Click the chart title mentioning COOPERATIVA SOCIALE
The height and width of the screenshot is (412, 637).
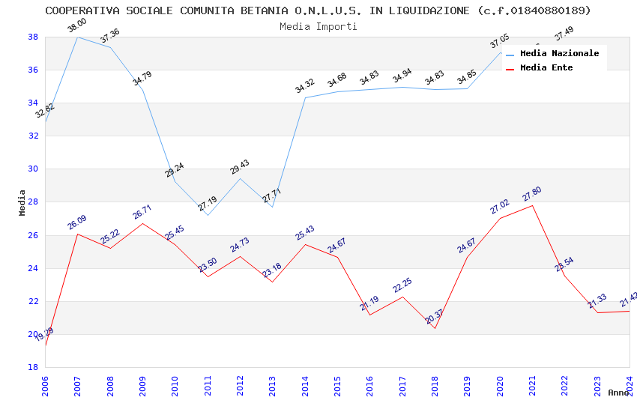point(318,10)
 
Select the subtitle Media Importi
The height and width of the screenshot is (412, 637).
point(318,26)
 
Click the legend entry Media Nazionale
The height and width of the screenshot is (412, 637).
point(559,53)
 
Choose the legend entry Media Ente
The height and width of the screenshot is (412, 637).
point(546,67)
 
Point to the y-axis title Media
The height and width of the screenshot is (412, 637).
point(22,202)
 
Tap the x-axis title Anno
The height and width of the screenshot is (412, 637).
point(618,393)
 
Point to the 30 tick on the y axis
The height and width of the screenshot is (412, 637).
point(33,169)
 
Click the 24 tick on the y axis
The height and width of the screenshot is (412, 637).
point(33,268)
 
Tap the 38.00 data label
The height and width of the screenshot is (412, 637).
point(76,26)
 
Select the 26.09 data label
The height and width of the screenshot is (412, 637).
point(76,222)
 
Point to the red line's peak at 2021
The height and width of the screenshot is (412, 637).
point(532,205)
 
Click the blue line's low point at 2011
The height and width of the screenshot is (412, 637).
point(208,215)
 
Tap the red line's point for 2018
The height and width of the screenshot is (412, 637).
point(435,328)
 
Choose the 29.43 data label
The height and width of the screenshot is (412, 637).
point(240,168)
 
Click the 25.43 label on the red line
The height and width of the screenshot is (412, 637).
point(304,233)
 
